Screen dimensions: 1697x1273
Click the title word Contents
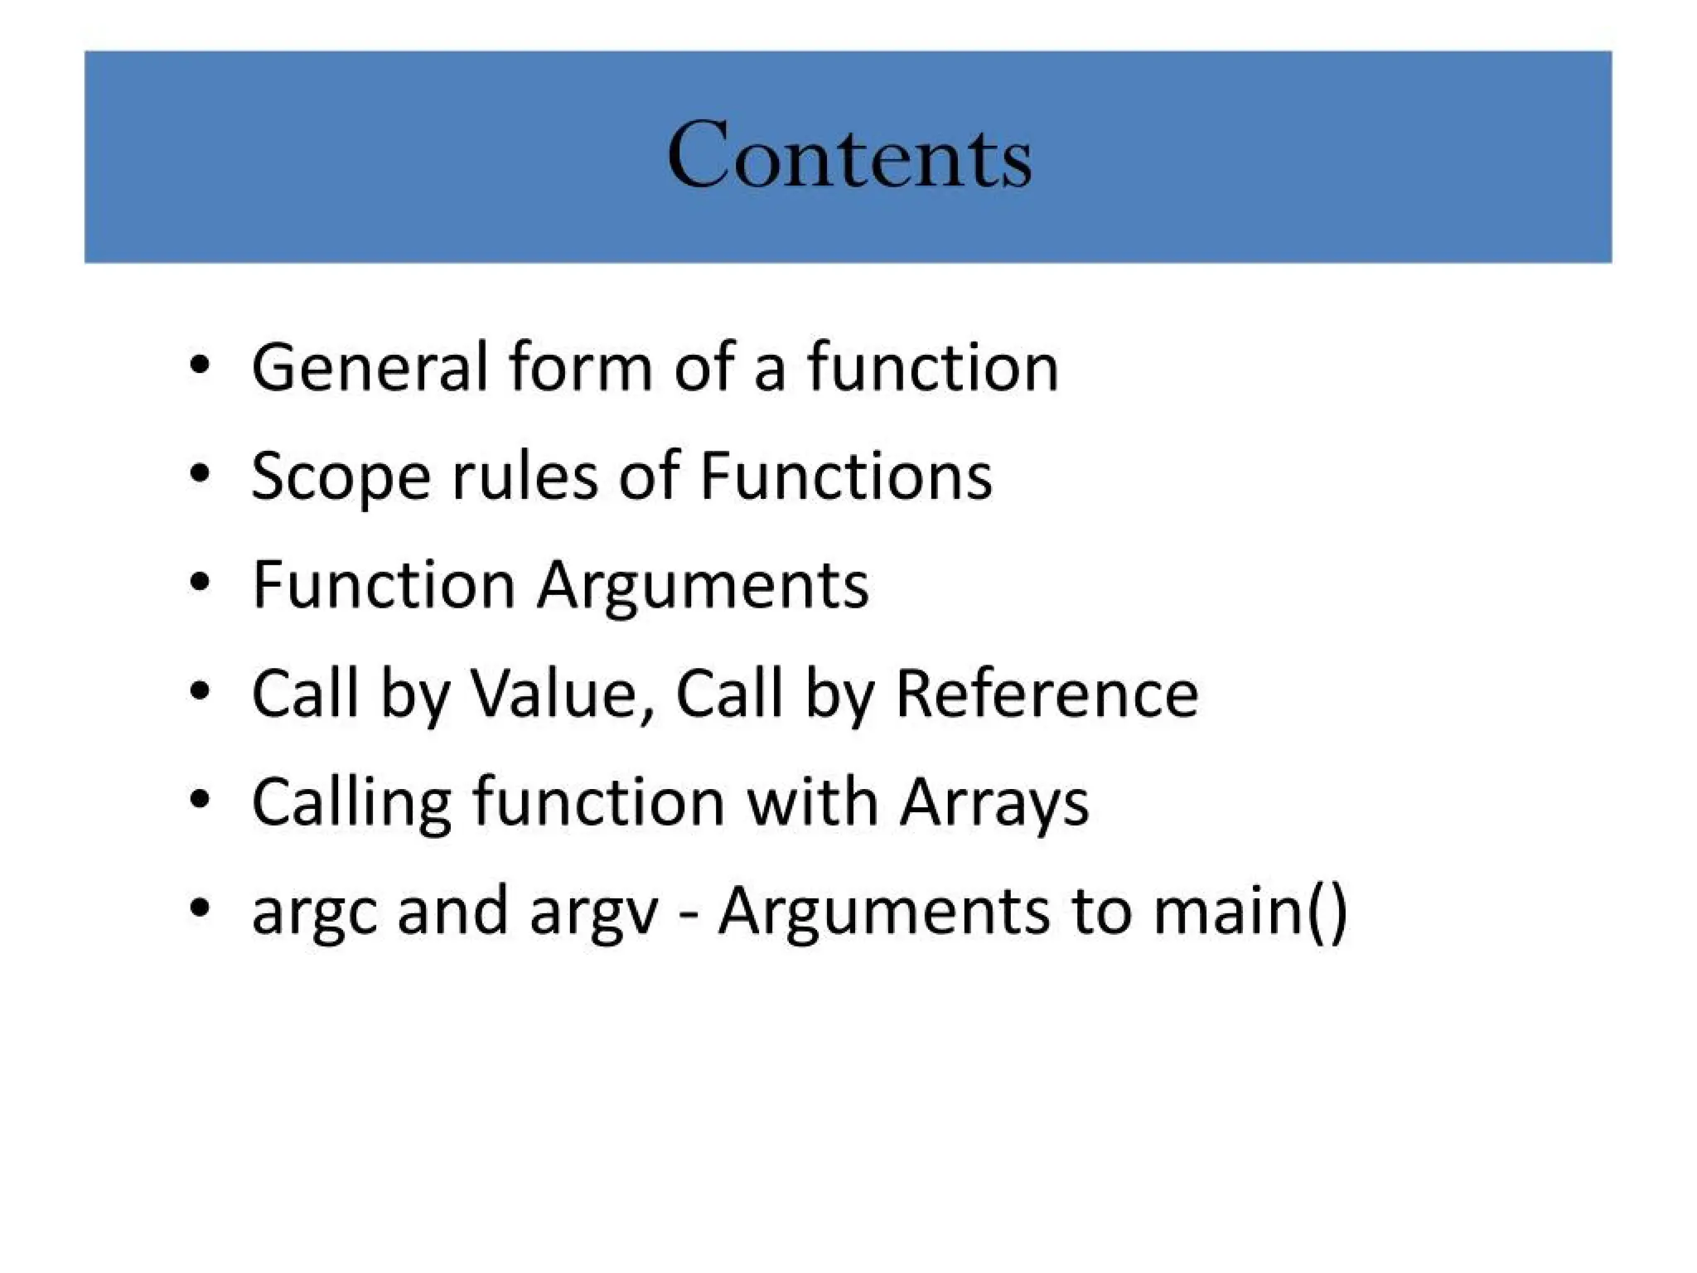click(849, 155)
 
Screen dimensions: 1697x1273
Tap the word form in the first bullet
click(581, 367)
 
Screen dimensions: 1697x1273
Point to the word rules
click(524, 477)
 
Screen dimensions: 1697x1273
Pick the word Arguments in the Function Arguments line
click(703, 586)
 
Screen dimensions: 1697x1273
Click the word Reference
click(1047, 694)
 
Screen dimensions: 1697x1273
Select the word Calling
click(351, 803)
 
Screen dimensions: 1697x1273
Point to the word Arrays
click(994, 803)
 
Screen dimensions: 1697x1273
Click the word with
click(812, 801)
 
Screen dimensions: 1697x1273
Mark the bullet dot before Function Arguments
click(199, 582)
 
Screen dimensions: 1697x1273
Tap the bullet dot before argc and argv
click(199, 908)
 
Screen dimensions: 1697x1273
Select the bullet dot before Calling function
click(199, 800)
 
